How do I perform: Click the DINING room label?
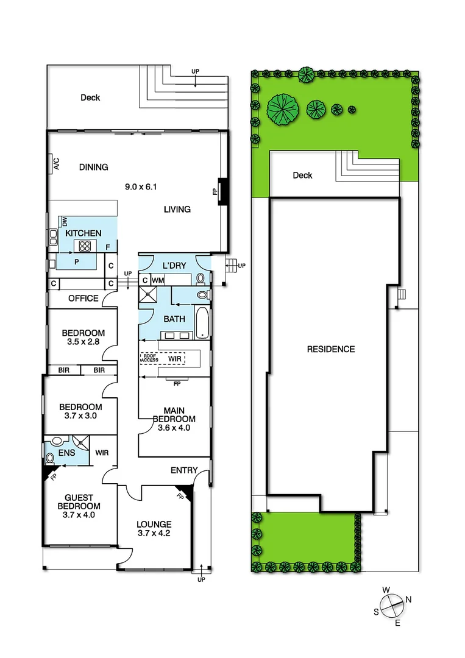(x=93, y=167)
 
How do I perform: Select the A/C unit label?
(x=55, y=164)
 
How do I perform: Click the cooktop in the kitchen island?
(x=83, y=246)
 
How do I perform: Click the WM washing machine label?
(x=158, y=280)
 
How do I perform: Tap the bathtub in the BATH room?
(x=202, y=322)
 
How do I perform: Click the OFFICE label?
(x=83, y=299)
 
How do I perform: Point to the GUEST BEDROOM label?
(x=79, y=506)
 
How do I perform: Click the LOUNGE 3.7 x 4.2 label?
(x=154, y=529)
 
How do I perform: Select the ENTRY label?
(x=184, y=470)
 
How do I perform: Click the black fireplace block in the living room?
(x=223, y=191)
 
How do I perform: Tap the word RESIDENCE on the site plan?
(x=331, y=349)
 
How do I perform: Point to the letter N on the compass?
(x=408, y=600)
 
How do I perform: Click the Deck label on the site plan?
(x=302, y=175)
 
